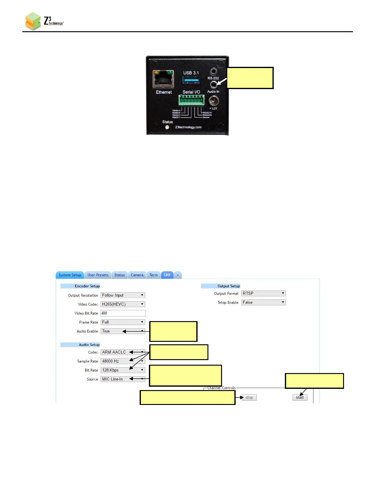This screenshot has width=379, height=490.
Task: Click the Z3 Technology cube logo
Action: click(x=33, y=21)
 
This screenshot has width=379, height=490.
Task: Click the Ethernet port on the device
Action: click(x=163, y=79)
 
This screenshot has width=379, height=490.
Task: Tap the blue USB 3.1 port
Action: click(x=191, y=80)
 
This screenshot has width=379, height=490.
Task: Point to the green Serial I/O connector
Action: click(x=191, y=100)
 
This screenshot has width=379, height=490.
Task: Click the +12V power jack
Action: click(x=214, y=101)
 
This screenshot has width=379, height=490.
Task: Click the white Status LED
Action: click(x=167, y=127)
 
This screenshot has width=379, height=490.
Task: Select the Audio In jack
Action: click(x=213, y=84)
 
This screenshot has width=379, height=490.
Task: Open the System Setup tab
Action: click(x=70, y=275)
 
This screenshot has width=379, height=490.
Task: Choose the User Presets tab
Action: click(x=98, y=275)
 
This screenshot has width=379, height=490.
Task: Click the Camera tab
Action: click(x=137, y=275)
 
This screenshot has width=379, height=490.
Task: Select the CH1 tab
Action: click(x=167, y=275)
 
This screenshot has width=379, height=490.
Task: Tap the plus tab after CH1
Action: click(x=178, y=275)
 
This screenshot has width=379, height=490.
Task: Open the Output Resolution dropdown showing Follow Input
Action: click(x=123, y=295)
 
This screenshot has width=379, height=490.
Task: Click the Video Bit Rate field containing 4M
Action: click(x=123, y=313)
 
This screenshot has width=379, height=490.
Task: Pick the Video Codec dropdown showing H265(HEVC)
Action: click(x=123, y=304)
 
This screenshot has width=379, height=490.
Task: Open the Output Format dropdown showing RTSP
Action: click(x=263, y=294)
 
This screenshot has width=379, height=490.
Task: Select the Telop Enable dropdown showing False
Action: click(x=263, y=303)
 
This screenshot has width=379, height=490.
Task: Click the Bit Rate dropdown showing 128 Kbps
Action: click(x=123, y=370)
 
